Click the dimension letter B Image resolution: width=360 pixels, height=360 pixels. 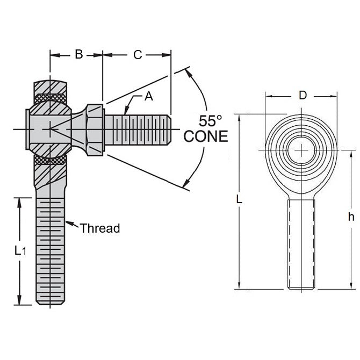pyautogui.click(x=78, y=54)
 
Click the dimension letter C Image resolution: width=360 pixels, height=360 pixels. pyautogui.click(x=138, y=54)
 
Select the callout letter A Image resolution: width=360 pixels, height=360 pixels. pyautogui.click(x=149, y=97)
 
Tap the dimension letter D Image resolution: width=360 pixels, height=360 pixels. pyautogui.click(x=303, y=96)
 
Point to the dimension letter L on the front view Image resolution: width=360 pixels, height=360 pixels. pyautogui.click(x=239, y=199)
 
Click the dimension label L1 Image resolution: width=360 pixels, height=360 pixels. pyautogui.click(x=20, y=250)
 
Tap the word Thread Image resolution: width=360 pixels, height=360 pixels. pyautogui.click(x=100, y=228)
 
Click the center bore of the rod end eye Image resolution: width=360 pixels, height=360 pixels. pyautogui.click(x=302, y=148)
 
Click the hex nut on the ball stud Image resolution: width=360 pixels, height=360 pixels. pyautogui.click(x=95, y=129)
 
